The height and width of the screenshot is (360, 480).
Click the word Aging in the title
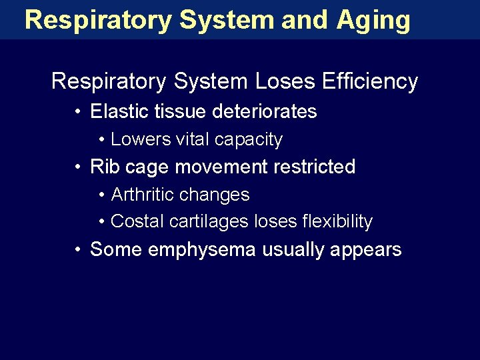coord(373,21)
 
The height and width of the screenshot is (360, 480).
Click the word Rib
coord(103,167)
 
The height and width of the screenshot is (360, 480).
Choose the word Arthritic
coord(141,195)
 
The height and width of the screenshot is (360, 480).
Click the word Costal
coord(137,221)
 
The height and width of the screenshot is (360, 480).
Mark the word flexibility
coord(331,222)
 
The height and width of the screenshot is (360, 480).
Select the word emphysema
coord(202,250)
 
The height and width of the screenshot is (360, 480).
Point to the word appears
coord(370,251)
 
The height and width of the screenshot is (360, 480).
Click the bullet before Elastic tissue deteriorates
coord(79,112)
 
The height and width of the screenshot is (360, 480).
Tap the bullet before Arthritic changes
coord(101,195)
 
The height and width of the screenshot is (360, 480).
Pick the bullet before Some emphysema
coord(79,250)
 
